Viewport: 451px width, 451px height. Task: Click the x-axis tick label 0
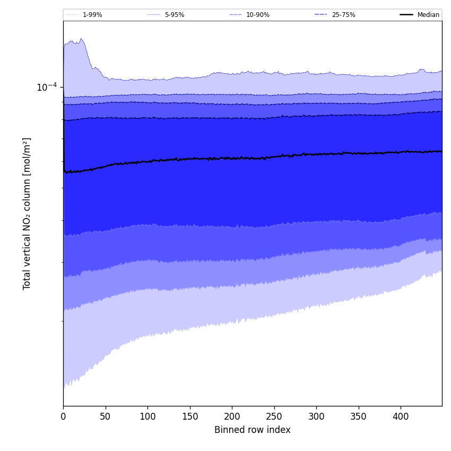coord(63,417)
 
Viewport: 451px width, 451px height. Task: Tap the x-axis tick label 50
coord(105,417)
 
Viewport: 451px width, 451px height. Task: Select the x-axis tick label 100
coord(148,417)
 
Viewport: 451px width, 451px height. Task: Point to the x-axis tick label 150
coord(189,417)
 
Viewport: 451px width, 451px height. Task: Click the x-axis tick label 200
coord(232,417)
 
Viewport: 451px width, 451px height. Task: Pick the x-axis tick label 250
coord(274,417)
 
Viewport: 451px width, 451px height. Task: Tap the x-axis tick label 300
coord(316,417)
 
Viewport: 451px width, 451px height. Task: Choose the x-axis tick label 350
coord(358,417)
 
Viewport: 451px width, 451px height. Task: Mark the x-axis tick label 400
coord(401,417)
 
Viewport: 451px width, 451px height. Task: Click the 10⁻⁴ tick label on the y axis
coord(47,87)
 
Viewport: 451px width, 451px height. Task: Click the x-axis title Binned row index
coord(253,430)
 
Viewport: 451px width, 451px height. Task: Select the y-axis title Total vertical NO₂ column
coord(27,213)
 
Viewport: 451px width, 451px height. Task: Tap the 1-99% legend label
coord(92,15)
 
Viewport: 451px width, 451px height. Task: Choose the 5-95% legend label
coord(175,15)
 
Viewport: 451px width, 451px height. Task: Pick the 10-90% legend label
coord(257,15)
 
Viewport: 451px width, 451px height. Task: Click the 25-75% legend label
coord(343,15)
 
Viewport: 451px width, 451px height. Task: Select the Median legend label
coord(428,15)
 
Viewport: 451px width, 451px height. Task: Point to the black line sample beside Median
coord(406,15)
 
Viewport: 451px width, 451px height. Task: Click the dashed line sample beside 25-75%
coord(320,15)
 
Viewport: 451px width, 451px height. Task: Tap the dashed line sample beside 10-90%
coord(236,15)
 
